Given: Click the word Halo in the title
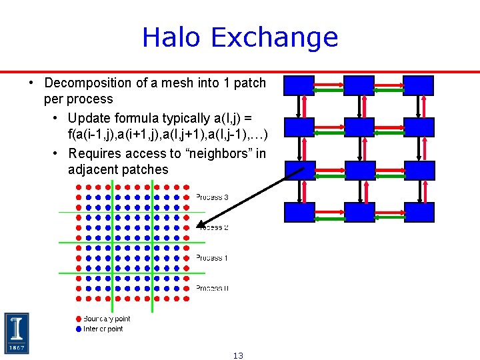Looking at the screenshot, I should tap(169, 37).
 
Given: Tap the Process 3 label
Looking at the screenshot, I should tap(212, 197).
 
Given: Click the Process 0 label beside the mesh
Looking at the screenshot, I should tap(212, 288).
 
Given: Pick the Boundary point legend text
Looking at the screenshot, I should tap(107, 319).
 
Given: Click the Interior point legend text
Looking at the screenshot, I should tap(103, 329).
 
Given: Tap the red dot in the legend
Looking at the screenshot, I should tap(79, 319).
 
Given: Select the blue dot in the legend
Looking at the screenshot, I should tap(79, 329).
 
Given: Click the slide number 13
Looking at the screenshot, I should tap(238, 355).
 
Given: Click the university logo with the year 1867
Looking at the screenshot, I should tap(17, 333).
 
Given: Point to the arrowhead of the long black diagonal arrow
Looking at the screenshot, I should tap(201, 225).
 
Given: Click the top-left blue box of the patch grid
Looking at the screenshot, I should tap(299, 85).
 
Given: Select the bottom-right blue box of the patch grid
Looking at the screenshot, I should tap(419, 212).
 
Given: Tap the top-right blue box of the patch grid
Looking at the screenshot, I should tap(419, 85).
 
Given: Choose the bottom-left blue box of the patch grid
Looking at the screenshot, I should tap(299, 212).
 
